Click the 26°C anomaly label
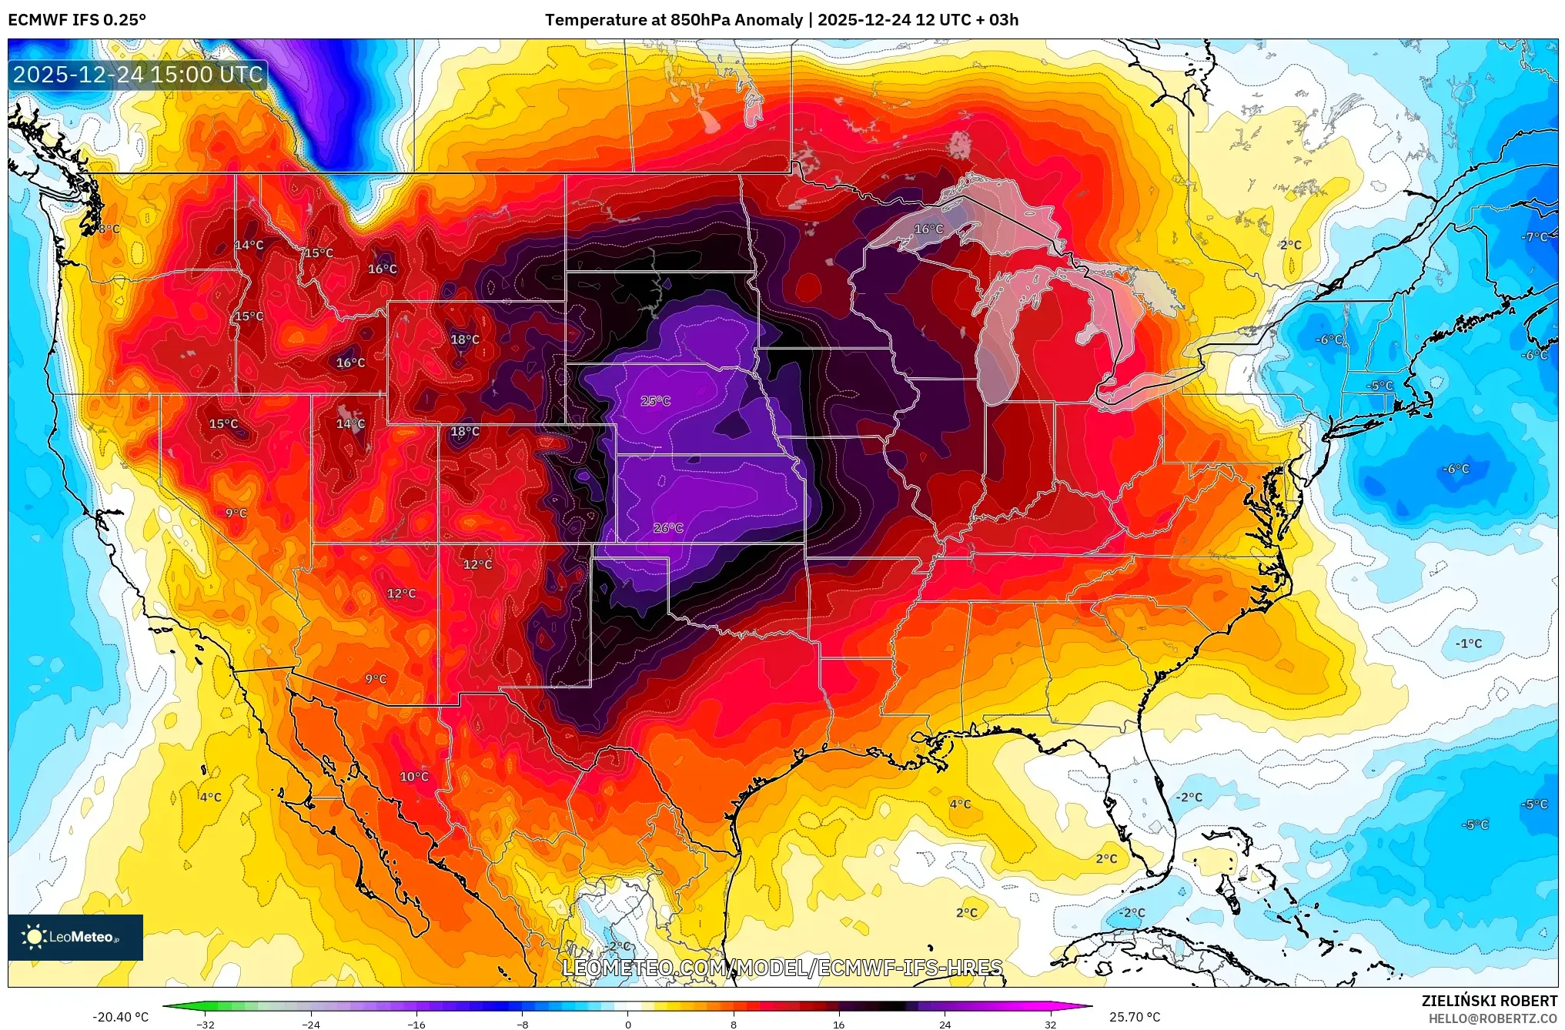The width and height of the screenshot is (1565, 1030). point(667,528)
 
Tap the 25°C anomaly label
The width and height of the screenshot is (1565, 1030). point(655,401)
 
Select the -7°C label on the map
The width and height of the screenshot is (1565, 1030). point(1533,237)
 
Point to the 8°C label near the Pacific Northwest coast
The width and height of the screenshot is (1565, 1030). point(109,229)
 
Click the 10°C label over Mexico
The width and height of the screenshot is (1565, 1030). point(413,777)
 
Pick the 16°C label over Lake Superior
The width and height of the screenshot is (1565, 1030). point(928,229)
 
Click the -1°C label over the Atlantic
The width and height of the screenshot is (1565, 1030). point(1468,644)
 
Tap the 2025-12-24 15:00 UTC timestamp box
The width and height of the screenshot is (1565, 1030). point(138,75)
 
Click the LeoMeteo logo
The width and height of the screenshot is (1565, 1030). point(75,937)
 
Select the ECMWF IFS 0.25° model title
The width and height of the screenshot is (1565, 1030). point(76,20)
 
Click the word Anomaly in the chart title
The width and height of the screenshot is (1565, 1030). point(768,20)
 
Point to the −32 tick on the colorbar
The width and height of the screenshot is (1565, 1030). point(206,1025)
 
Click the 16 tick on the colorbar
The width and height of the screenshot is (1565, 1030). point(838,1025)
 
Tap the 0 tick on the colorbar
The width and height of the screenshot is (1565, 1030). point(628,1025)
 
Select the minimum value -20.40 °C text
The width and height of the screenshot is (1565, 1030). point(120,1017)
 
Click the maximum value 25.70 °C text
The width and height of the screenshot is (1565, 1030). point(1134,1017)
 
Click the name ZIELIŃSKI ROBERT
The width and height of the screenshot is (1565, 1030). point(1489,1001)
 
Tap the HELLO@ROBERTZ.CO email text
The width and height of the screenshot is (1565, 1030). point(1493,1018)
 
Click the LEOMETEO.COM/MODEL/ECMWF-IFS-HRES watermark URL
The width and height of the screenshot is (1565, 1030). point(782,968)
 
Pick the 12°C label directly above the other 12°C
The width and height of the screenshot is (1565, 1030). point(477,564)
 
